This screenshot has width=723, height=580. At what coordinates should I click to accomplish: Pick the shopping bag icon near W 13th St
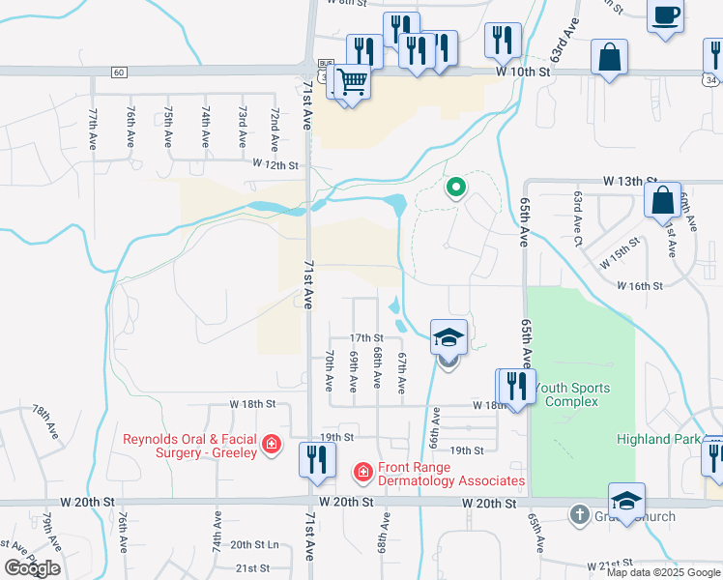tap(663, 201)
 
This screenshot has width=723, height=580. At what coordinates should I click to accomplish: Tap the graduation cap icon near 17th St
tap(448, 337)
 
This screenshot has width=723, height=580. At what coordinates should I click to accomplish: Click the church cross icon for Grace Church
tap(579, 514)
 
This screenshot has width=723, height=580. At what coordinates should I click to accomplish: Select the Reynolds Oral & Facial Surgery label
tap(190, 446)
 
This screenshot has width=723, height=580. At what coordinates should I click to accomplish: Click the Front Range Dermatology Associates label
tap(451, 474)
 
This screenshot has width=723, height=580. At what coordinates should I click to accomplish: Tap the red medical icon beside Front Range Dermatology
tap(362, 472)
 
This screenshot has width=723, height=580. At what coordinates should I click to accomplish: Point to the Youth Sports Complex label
tap(572, 394)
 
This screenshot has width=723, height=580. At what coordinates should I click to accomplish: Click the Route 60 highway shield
tap(118, 72)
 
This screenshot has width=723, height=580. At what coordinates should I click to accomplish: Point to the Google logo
tap(33, 567)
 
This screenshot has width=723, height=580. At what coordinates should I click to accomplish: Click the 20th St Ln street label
tap(253, 544)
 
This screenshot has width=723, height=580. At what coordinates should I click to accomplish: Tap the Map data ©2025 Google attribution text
tap(663, 572)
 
